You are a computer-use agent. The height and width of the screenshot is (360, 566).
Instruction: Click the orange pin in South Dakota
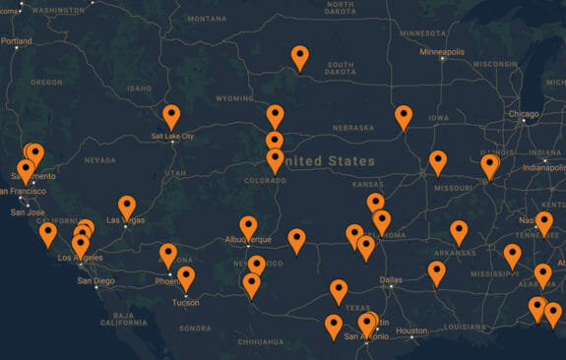pyautogui.click(x=300, y=58)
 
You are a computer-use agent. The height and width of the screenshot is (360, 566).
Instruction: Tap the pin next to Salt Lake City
pyautogui.click(x=171, y=116)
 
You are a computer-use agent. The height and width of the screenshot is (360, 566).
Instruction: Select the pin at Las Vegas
pyautogui.click(x=127, y=207)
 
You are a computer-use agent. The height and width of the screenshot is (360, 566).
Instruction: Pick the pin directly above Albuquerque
pyautogui.click(x=248, y=227)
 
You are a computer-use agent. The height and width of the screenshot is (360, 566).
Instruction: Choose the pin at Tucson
pyautogui.click(x=186, y=278)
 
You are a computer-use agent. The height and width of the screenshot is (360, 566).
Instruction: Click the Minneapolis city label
pyautogui.click(x=442, y=51)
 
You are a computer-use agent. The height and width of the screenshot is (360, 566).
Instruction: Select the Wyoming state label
pyautogui.click(x=234, y=98)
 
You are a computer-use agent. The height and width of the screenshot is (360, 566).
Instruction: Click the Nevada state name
pyautogui.click(x=99, y=159)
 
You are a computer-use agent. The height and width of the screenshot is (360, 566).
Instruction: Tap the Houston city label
pyautogui.click(x=410, y=330)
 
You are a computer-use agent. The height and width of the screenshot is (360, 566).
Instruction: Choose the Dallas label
pyautogui.click(x=391, y=280)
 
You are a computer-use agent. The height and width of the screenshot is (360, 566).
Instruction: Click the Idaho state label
pyautogui.click(x=139, y=87)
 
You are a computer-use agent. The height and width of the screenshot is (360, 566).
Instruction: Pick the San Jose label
pyautogui.click(x=28, y=211)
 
